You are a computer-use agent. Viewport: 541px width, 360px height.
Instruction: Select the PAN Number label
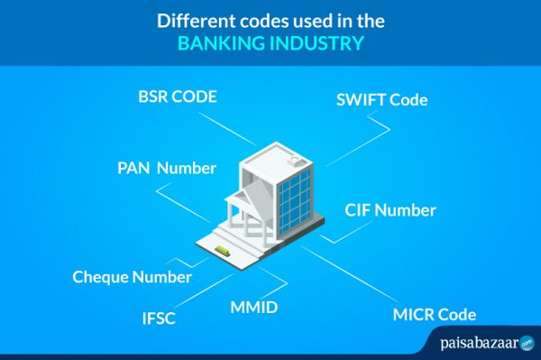click(167, 168)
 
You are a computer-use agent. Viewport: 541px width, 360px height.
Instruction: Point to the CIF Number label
click(390, 211)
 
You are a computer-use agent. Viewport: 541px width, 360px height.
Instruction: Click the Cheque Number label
click(132, 277)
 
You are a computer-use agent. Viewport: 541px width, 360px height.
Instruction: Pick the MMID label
click(253, 309)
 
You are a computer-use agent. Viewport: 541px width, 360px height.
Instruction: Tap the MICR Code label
click(434, 315)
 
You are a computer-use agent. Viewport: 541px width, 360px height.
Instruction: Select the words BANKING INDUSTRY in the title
click(270, 42)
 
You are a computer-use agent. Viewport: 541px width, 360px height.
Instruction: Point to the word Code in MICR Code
click(456, 315)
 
